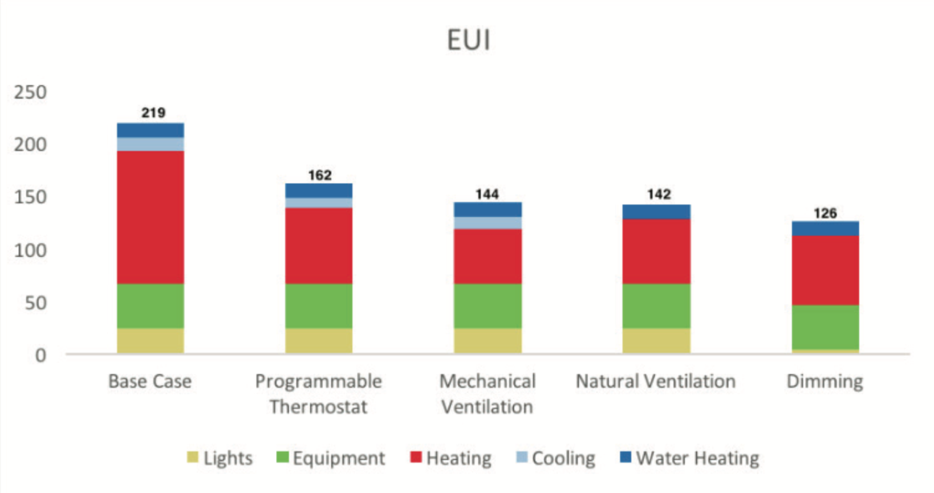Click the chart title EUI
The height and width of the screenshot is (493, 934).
pos(468,40)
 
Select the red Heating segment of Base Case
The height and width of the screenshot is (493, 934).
pos(151,217)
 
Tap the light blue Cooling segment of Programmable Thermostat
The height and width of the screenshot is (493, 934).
pos(319,203)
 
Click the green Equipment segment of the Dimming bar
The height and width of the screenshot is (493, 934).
pos(825,327)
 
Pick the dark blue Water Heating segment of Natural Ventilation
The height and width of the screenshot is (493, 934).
pos(656,212)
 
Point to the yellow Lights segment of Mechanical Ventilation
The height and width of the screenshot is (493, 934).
pos(488,340)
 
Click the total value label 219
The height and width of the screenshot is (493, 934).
pos(153,113)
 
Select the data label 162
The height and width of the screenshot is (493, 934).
pos(320,175)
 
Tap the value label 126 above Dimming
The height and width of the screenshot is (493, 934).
pos(825,213)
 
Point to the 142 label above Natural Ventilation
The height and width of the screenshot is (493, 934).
pos(659,195)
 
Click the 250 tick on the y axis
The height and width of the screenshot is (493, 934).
pos(30,92)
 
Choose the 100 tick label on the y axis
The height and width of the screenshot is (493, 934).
pos(30,250)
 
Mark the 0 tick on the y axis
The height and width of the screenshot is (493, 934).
pos(40,355)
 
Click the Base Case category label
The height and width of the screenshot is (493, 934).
pos(150,381)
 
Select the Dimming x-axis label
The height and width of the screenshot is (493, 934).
pos(825,381)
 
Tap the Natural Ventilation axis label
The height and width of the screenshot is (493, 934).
pos(656,381)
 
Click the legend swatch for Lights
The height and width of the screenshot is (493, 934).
pos(193,457)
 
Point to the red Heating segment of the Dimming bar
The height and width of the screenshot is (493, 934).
pos(825,270)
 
